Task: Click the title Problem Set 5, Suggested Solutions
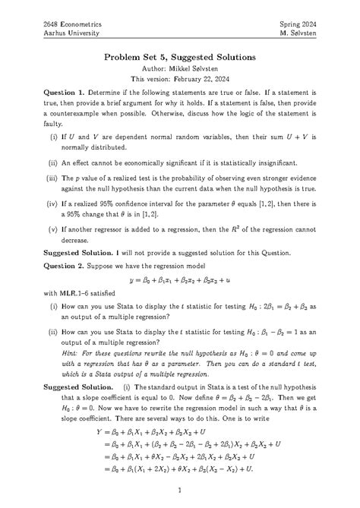click(x=180, y=58)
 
